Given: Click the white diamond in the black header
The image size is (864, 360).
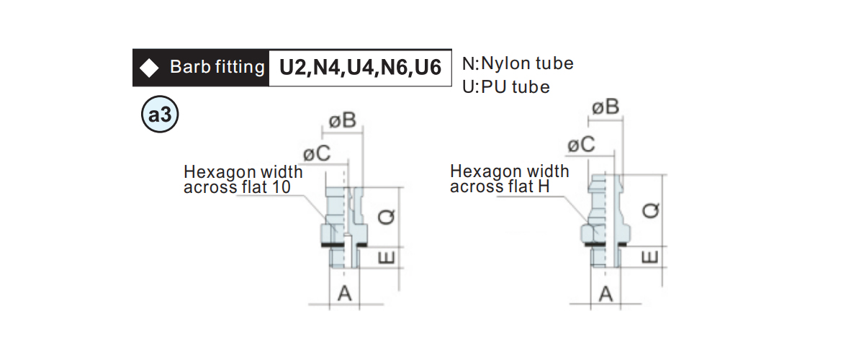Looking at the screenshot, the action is click(149, 68).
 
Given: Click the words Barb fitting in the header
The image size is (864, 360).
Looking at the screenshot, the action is click(217, 67).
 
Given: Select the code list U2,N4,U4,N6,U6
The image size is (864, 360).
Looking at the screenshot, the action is click(360, 68).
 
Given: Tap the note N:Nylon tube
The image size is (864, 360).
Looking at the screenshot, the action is click(518, 63).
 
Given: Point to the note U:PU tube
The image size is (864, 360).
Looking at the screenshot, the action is click(505, 87).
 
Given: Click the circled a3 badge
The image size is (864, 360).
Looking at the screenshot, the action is click(160, 114).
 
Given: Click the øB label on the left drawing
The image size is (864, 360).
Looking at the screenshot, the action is click(343, 120).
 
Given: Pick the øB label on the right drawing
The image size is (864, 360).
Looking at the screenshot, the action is click(606, 107).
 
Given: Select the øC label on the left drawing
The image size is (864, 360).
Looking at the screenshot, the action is click(317, 153).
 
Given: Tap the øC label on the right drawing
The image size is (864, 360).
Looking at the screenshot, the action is click(581, 145).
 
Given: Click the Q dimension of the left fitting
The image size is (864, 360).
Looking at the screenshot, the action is click(386, 217).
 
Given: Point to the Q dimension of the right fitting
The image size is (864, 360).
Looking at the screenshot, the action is click(650, 211).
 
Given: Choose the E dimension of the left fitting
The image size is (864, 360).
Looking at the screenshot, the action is click(386, 257).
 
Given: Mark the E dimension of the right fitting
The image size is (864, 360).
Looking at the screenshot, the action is click(650, 257).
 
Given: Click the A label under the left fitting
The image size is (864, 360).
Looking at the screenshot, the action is click(344, 294).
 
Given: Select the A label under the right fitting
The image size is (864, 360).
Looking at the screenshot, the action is click(606, 294).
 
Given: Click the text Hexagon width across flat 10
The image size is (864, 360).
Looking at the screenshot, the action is click(243, 179).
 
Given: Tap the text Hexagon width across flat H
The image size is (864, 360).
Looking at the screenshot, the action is click(509, 179).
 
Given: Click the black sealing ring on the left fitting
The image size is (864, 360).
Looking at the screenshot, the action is click(344, 245).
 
